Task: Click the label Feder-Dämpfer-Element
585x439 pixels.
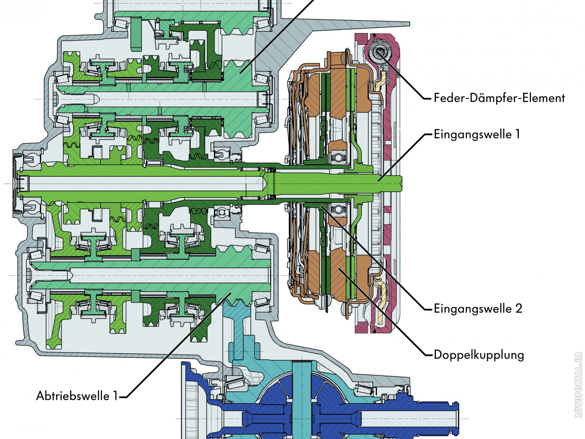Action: pyautogui.click(x=499, y=98)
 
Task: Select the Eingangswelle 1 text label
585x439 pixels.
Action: pyautogui.click(x=477, y=134)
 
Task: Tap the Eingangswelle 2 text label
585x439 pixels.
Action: pyautogui.click(x=478, y=308)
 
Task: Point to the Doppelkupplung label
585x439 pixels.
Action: pyautogui.click(x=479, y=354)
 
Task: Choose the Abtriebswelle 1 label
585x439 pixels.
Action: pyautogui.click(x=77, y=396)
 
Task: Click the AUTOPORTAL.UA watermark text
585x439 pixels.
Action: pyautogui.click(x=578, y=384)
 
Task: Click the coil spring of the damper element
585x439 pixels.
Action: pyautogui.click(x=379, y=51)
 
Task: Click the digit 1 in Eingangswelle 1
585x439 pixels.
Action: pyautogui.click(x=517, y=134)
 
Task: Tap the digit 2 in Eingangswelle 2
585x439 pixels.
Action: pyautogui.click(x=518, y=308)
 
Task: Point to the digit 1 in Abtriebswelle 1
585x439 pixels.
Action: pyautogui.click(x=115, y=396)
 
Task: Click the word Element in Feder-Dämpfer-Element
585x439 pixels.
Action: pyautogui.click(x=544, y=98)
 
